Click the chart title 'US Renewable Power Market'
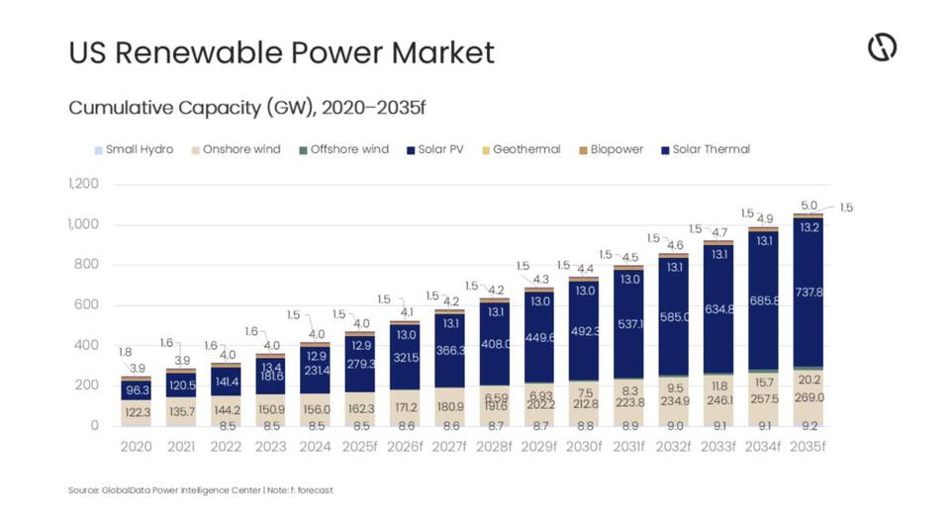coord(281,52)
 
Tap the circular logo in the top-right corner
coord(882,47)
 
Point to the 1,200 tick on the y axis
coord(84,184)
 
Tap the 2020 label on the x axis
coord(137,447)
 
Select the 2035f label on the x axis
coord(808,447)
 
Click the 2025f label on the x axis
coord(360,447)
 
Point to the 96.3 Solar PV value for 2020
coord(137,390)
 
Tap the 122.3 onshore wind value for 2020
coord(137,411)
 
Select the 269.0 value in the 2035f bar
coord(808,397)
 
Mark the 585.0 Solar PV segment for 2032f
coord(674,318)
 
